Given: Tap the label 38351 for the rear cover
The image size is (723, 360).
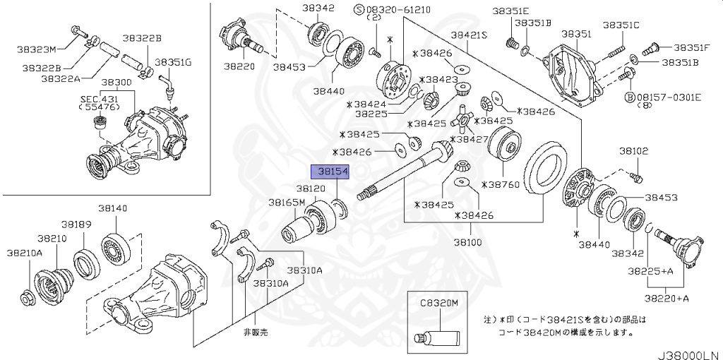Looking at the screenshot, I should (576, 33).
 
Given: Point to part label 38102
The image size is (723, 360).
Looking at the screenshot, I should (634, 151).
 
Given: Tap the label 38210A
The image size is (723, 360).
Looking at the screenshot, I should (25, 252).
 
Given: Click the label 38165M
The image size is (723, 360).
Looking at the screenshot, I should (287, 203).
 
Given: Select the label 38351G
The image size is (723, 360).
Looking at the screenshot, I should (173, 62).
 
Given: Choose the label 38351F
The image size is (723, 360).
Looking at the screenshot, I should (691, 47).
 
